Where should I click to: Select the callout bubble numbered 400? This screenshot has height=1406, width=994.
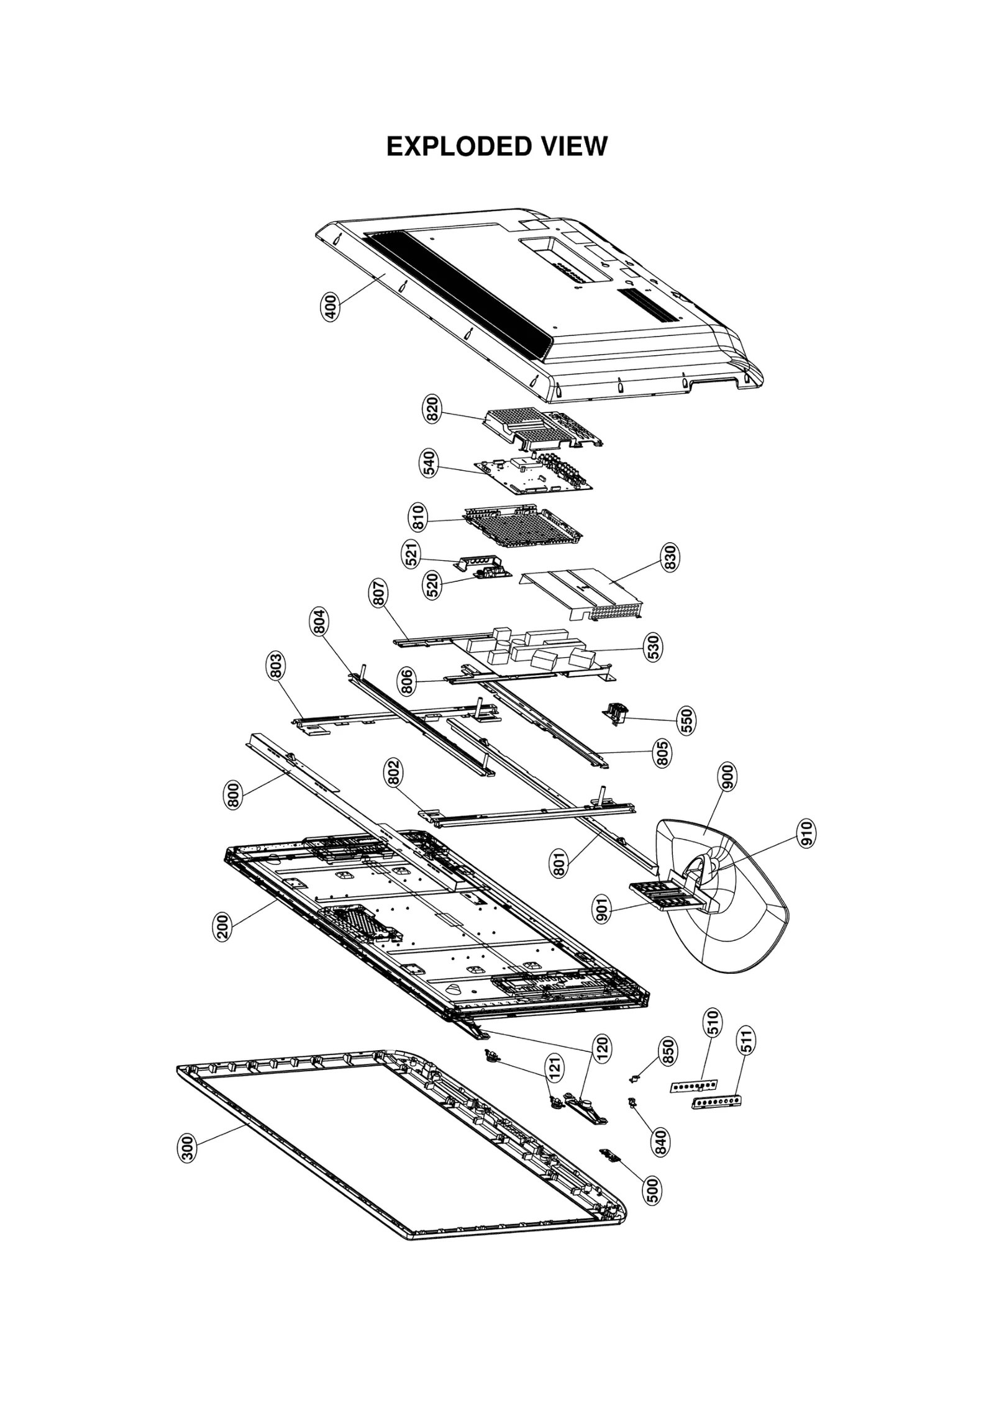331,307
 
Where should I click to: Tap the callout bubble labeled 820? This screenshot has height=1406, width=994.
433,409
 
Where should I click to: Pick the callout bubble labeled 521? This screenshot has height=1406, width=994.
411,554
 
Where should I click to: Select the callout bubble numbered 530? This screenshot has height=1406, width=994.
654,647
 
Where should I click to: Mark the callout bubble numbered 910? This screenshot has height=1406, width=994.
806,833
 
